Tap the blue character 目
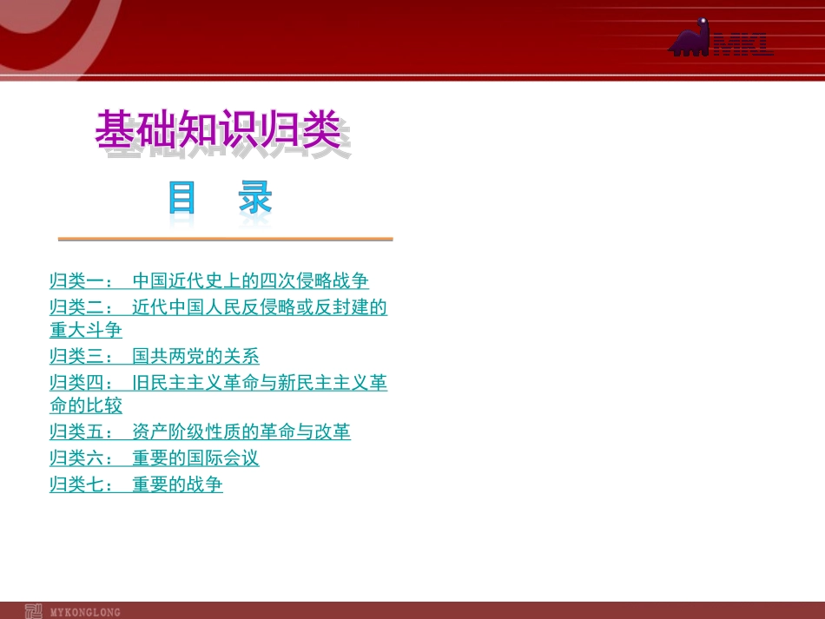pyautogui.click(x=182, y=199)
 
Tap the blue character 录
pyautogui.click(x=256, y=199)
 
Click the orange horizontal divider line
pyautogui.click(x=225, y=239)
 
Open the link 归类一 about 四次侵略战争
pyautogui.click(x=208, y=280)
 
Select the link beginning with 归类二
pyautogui.click(x=218, y=306)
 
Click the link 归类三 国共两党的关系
pyautogui.click(x=154, y=356)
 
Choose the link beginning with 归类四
pyautogui.click(x=218, y=382)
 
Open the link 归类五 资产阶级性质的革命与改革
pyautogui.click(x=200, y=431)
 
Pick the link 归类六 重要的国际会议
pyautogui.click(x=154, y=458)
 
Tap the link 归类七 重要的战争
pyautogui.click(x=135, y=484)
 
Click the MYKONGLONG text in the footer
pyautogui.click(x=86, y=612)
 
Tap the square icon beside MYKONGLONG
pyautogui.click(x=34, y=611)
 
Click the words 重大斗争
pyautogui.click(x=86, y=330)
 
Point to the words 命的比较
pyautogui.click(x=86, y=405)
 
